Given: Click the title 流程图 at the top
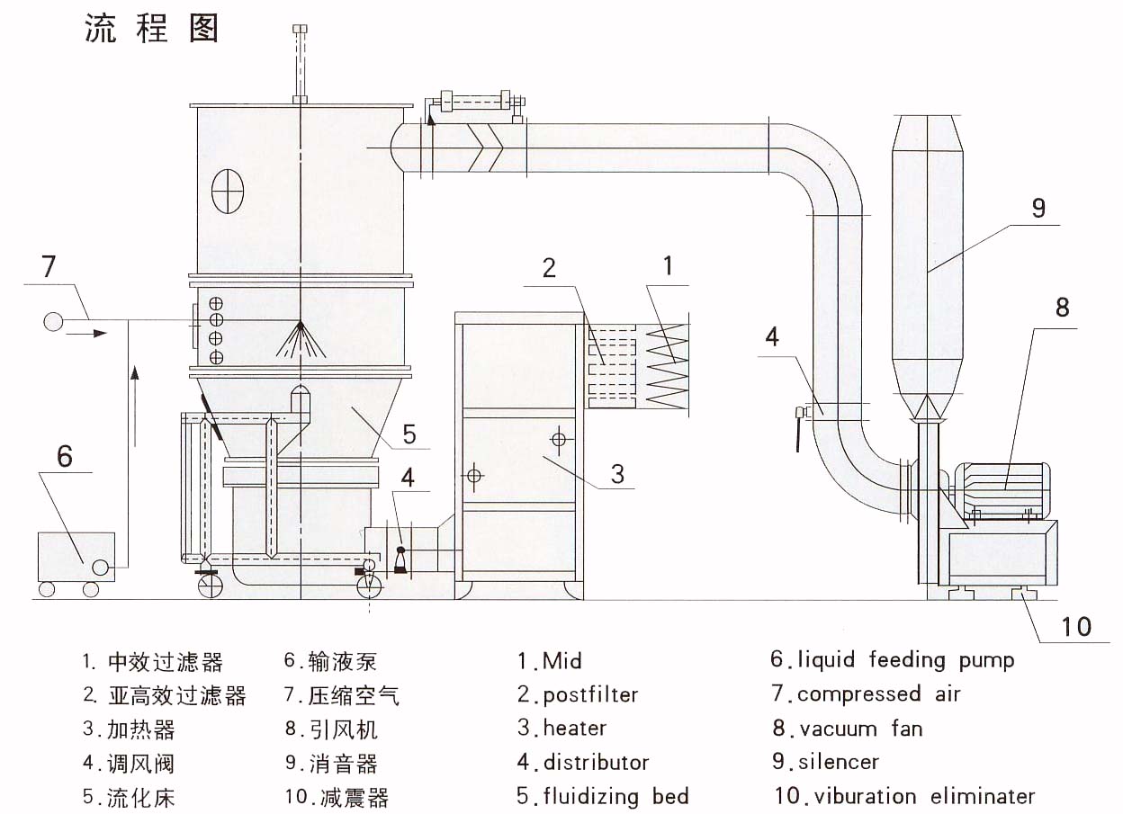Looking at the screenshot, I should [152, 29].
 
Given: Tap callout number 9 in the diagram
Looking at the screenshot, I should [1038, 208].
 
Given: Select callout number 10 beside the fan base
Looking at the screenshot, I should [1076, 625].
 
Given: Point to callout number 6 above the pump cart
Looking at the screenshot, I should [64, 456].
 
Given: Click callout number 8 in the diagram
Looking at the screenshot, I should [1062, 308].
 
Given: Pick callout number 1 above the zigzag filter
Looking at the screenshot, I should [667, 265].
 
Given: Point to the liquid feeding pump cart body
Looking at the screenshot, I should [76, 556].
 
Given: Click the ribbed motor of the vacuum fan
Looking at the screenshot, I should [1002, 489].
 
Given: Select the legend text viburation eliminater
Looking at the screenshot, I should [915, 796].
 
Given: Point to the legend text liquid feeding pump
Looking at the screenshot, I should [904, 660].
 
